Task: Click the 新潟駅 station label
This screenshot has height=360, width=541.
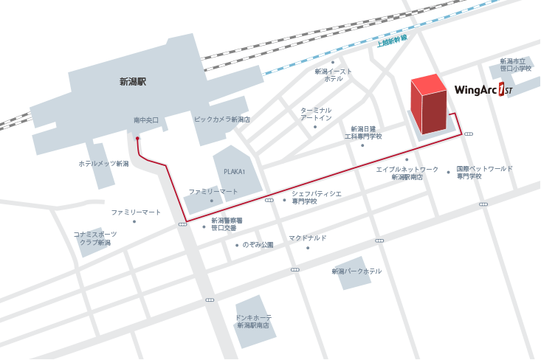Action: tap(133, 82)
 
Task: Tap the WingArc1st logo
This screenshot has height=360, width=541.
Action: tap(483, 91)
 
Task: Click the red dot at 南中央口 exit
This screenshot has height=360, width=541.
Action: tap(137, 138)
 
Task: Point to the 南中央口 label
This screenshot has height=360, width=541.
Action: tap(146, 120)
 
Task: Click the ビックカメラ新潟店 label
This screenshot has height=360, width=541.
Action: tap(222, 120)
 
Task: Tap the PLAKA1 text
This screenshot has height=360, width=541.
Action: tap(234, 170)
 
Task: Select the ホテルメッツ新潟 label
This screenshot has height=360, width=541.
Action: tap(103, 164)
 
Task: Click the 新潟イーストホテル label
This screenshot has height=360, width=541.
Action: tap(334, 75)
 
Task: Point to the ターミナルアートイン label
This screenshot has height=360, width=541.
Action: tap(316, 114)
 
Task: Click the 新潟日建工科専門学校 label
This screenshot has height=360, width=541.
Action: tap(362, 132)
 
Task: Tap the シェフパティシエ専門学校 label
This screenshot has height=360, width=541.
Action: tap(316, 196)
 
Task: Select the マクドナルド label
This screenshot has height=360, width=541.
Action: tap(308, 238)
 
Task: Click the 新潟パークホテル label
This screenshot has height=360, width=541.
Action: tap(357, 271)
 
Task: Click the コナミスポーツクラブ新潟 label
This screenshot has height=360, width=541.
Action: tap(95, 238)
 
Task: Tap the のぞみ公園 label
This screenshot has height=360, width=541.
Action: tap(258, 244)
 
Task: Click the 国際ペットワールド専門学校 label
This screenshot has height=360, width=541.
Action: tap(483, 172)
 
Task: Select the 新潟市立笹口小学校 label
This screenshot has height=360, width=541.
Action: tap(515, 65)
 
